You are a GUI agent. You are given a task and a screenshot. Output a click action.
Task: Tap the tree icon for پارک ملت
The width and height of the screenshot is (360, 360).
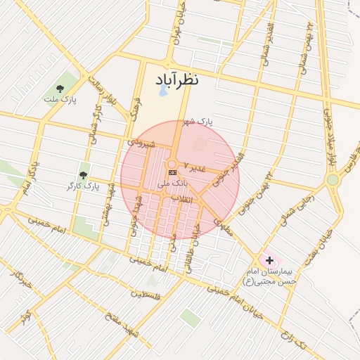(60, 89)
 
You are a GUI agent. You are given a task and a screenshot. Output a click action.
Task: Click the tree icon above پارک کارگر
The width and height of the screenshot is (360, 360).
(83, 174)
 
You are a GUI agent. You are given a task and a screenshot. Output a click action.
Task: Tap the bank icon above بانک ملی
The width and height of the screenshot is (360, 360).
(172, 172)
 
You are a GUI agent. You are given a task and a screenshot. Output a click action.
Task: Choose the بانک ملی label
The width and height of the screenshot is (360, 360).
(173, 184)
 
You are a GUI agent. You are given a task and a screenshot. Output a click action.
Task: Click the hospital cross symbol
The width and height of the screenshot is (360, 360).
(269, 260)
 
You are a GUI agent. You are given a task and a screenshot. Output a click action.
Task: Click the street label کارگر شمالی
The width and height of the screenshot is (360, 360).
(92, 127)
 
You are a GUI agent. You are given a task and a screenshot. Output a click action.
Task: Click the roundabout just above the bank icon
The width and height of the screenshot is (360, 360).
(172, 164)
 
